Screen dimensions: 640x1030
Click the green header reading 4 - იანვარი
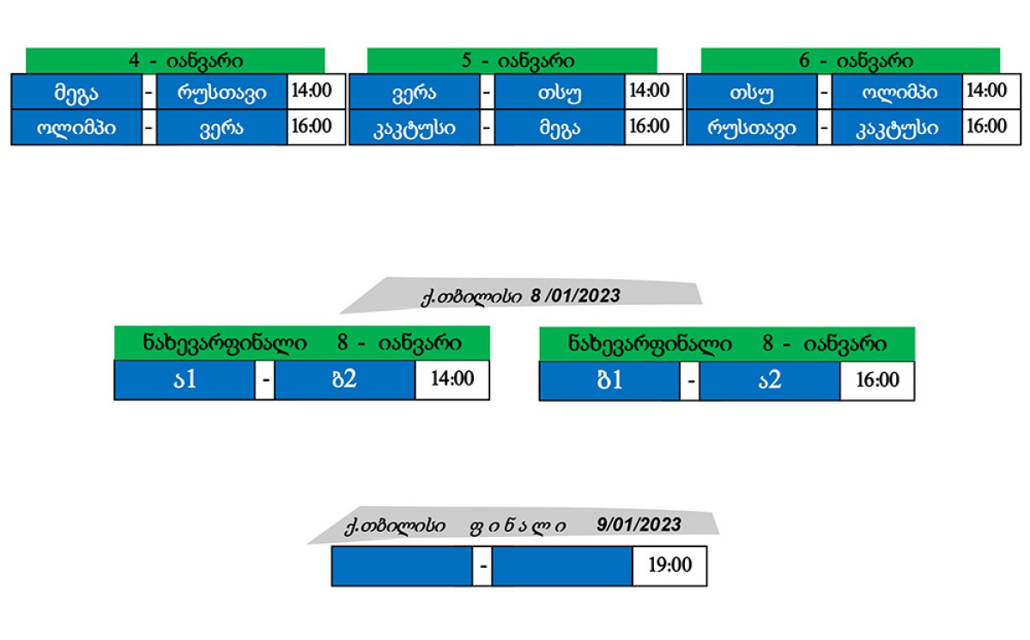point(175,61)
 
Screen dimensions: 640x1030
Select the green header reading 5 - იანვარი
point(512,61)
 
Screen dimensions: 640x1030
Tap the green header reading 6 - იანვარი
point(851,61)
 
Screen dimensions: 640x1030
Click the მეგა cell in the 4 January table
point(76,91)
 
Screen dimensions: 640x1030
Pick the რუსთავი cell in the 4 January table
point(221,91)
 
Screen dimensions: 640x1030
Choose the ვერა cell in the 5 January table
point(415,91)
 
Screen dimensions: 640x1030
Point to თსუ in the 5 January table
point(559,91)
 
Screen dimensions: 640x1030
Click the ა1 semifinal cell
point(185,381)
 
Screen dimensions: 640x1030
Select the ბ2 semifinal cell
point(344,381)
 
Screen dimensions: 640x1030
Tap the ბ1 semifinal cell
point(609,381)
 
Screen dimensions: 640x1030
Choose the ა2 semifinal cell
point(769,381)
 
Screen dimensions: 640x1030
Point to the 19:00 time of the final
point(669,566)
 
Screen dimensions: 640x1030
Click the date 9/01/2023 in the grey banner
point(639,525)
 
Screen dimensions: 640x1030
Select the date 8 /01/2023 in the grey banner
point(575,296)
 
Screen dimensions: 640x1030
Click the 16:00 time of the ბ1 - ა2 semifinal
point(877,381)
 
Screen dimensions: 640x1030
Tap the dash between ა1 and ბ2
point(264,381)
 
